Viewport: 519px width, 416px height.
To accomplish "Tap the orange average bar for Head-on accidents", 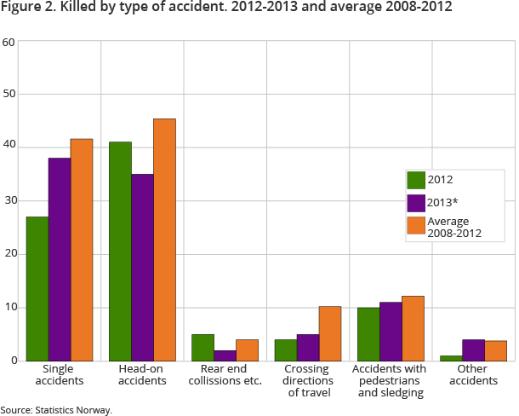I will coord(164,240).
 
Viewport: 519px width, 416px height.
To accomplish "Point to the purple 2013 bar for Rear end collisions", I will coord(225,355).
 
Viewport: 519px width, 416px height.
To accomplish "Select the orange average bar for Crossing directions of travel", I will coord(329,333).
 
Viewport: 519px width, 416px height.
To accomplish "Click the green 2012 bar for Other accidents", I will coord(451,357).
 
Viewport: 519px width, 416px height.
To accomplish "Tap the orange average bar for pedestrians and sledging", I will coord(412,328).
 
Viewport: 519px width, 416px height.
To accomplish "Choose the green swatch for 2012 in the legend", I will coord(416,180).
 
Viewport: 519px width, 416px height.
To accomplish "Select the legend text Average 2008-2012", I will coord(455,227).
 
